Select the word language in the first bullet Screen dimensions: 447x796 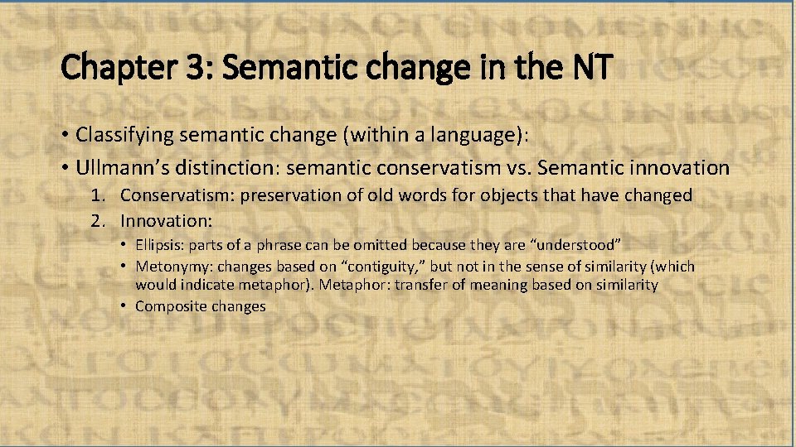point(455,133)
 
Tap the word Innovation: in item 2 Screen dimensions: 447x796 point(167,221)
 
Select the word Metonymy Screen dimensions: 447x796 point(172,266)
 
